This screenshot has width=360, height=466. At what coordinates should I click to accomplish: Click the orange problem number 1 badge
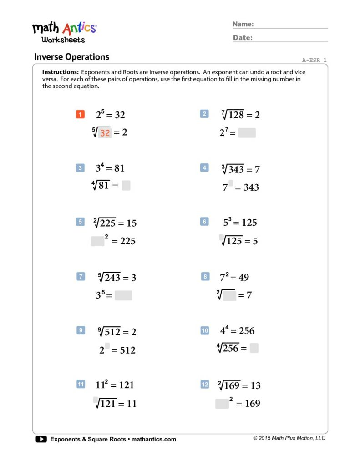click(x=80, y=114)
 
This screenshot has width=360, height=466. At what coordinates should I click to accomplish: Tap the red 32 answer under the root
click(x=105, y=133)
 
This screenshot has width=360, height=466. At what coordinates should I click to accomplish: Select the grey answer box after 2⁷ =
click(x=247, y=133)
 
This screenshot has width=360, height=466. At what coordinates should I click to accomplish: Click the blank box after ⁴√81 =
click(x=126, y=186)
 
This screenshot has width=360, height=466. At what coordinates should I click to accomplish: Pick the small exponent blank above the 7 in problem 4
click(x=231, y=183)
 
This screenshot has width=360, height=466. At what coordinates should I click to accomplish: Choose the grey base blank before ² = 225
click(x=97, y=241)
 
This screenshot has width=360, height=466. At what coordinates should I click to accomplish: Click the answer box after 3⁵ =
click(x=123, y=295)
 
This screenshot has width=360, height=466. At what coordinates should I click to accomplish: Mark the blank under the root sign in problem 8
click(x=229, y=296)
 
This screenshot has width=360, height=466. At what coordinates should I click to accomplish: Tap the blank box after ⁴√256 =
click(x=254, y=349)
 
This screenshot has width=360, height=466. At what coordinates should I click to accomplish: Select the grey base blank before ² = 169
click(x=222, y=404)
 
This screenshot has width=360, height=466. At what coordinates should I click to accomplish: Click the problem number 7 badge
click(x=81, y=277)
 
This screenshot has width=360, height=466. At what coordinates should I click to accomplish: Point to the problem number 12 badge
click(x=205, y=385)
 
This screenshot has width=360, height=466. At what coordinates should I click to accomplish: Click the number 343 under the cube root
click(x=236, y=170)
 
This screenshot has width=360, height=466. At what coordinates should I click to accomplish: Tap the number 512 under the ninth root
click(x=112, y=332)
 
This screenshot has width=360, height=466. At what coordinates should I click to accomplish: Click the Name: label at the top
click(x=243, y=24)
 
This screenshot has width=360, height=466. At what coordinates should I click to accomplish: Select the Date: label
click(x=243, y=38)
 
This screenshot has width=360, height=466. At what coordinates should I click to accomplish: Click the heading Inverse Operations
click(x=71, y=57)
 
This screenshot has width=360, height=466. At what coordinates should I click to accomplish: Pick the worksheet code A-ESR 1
click(x=314, y=60)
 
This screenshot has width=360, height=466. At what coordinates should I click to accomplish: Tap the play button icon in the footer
click(x=41, y=439)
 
